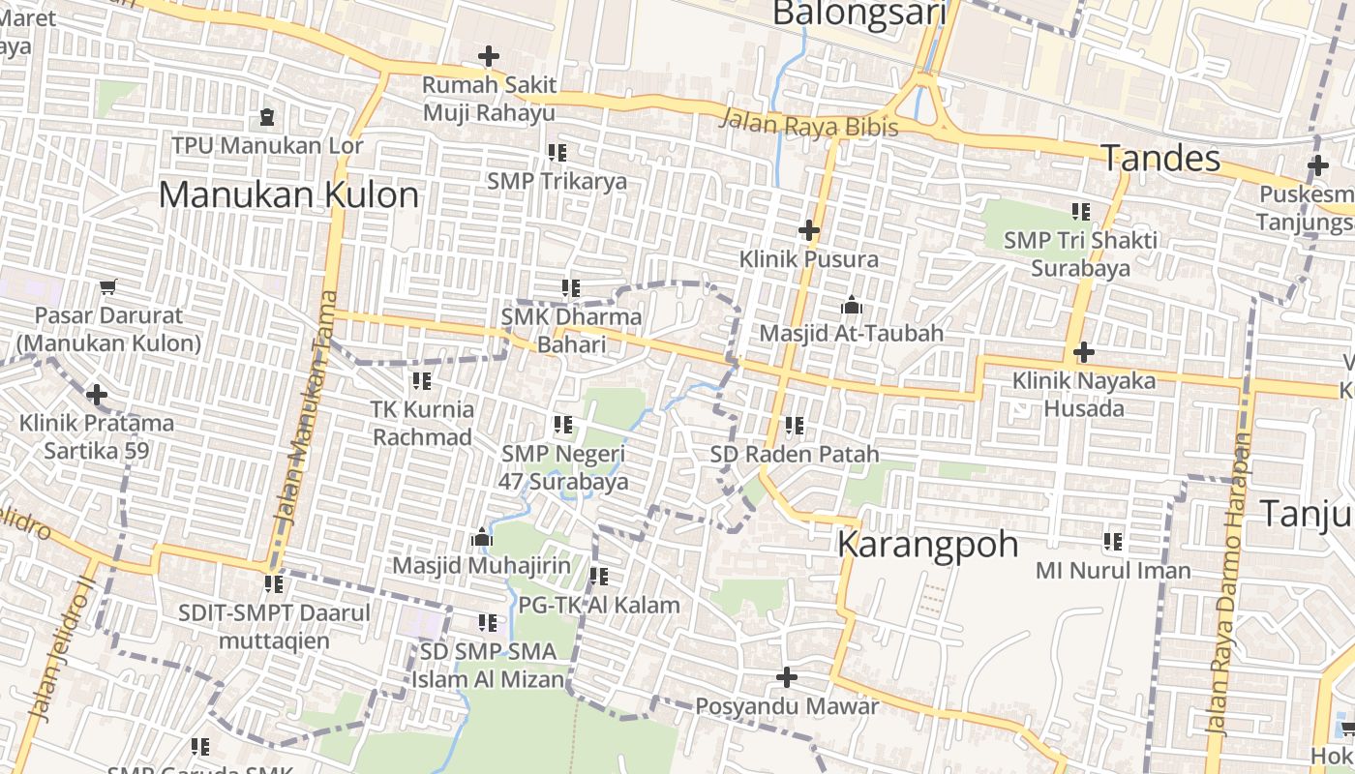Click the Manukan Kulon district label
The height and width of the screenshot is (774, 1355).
[288, 194]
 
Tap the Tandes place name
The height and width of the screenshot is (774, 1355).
[1160, 158]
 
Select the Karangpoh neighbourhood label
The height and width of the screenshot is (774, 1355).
[927, 544]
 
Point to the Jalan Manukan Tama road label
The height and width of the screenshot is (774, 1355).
[306, 406]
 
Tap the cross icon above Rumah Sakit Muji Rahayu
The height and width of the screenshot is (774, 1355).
[489, 56]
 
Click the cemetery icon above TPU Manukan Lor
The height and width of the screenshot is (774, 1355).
[267, 118]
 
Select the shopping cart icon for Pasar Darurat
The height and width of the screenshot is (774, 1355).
[108, 287]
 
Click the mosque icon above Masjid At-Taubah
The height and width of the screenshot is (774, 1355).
[851, 306]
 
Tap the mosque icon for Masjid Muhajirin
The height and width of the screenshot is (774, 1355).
[481, 537]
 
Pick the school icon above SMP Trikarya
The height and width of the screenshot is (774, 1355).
[557, 153]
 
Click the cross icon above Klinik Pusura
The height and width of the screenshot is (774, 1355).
[808, 230]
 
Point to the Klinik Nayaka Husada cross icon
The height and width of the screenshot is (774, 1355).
[1083, 352]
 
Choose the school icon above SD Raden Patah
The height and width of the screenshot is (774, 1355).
[795, 426]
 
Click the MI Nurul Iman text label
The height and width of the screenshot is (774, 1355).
[1113, 571]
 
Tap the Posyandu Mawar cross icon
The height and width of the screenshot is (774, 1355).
[787, 677]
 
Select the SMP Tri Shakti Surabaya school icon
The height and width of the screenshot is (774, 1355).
[1080, 212]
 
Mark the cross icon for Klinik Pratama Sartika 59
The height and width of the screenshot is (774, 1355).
[97, 395]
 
